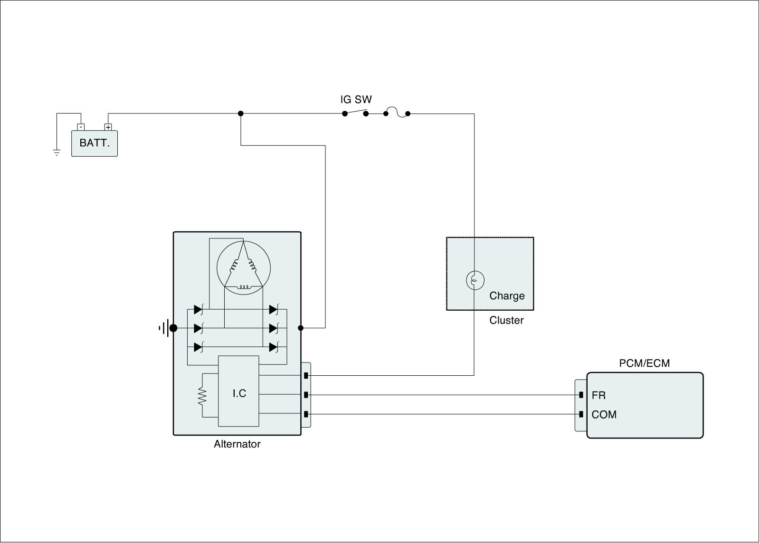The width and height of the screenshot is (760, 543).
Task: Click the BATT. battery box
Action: point(94,143)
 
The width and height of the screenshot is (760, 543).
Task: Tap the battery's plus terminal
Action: point(108,127)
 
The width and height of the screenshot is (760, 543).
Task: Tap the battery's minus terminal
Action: point(81,127)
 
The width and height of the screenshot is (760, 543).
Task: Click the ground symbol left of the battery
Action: point(57,152)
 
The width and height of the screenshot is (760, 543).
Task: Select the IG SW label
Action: point(356,100)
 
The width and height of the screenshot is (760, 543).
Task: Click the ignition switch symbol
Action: point(355,113)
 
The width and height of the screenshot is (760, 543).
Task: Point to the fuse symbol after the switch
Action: point(397,113)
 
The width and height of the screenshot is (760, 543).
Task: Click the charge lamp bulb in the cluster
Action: point(475,280)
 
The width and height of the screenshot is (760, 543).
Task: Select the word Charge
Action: point(507,296)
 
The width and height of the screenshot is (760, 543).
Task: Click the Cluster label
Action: point(506,320)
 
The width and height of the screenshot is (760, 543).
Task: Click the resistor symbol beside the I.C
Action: point(202,396)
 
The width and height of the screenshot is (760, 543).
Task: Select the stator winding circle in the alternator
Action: point(243,267)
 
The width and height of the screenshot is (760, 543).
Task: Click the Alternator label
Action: point(237,444)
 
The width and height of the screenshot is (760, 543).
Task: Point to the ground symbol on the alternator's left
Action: point(164,328)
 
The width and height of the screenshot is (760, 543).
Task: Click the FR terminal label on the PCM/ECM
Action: point(598,395)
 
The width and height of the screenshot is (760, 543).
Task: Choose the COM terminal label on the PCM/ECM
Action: point(604,415)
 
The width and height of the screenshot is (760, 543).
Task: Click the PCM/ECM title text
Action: point(644,363)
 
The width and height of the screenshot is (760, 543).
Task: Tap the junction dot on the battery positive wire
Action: point(241,114)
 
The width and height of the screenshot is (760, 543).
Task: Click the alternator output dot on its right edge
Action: point(301,328)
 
